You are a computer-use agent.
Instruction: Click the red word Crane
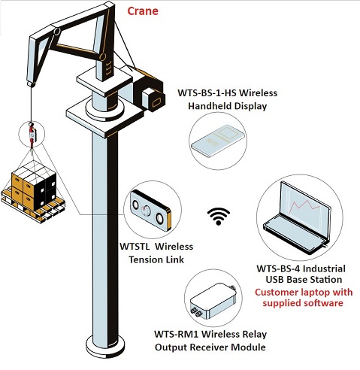tap(143, 11)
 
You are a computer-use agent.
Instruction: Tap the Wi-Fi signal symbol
tap(219, 217)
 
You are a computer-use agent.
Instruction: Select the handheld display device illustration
tap(217, 141)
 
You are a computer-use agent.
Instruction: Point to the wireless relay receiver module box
tap(213, 301)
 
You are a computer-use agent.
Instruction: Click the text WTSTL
tap(135, 247)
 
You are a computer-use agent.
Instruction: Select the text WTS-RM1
tap(177, 334)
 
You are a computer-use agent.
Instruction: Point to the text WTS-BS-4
tap(278, 268)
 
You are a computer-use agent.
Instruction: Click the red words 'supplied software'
tap(303, 303)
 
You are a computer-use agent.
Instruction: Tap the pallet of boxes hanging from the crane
tap(32, 190)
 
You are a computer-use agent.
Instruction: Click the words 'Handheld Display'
tap(228, 106)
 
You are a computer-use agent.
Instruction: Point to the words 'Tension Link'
tap(156, 259)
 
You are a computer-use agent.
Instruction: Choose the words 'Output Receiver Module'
tap(210, 347)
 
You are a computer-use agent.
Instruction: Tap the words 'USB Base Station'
tap(304, 280)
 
